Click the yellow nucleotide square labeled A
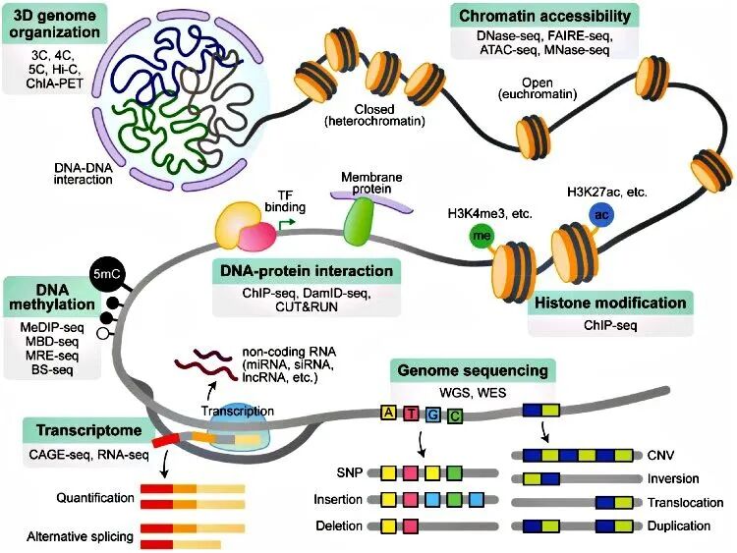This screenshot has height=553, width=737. pos(390,414)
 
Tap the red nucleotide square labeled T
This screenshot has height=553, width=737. pos(412,414)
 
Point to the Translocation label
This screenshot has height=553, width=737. pos(678,502)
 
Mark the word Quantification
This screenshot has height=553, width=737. pos(82,495)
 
